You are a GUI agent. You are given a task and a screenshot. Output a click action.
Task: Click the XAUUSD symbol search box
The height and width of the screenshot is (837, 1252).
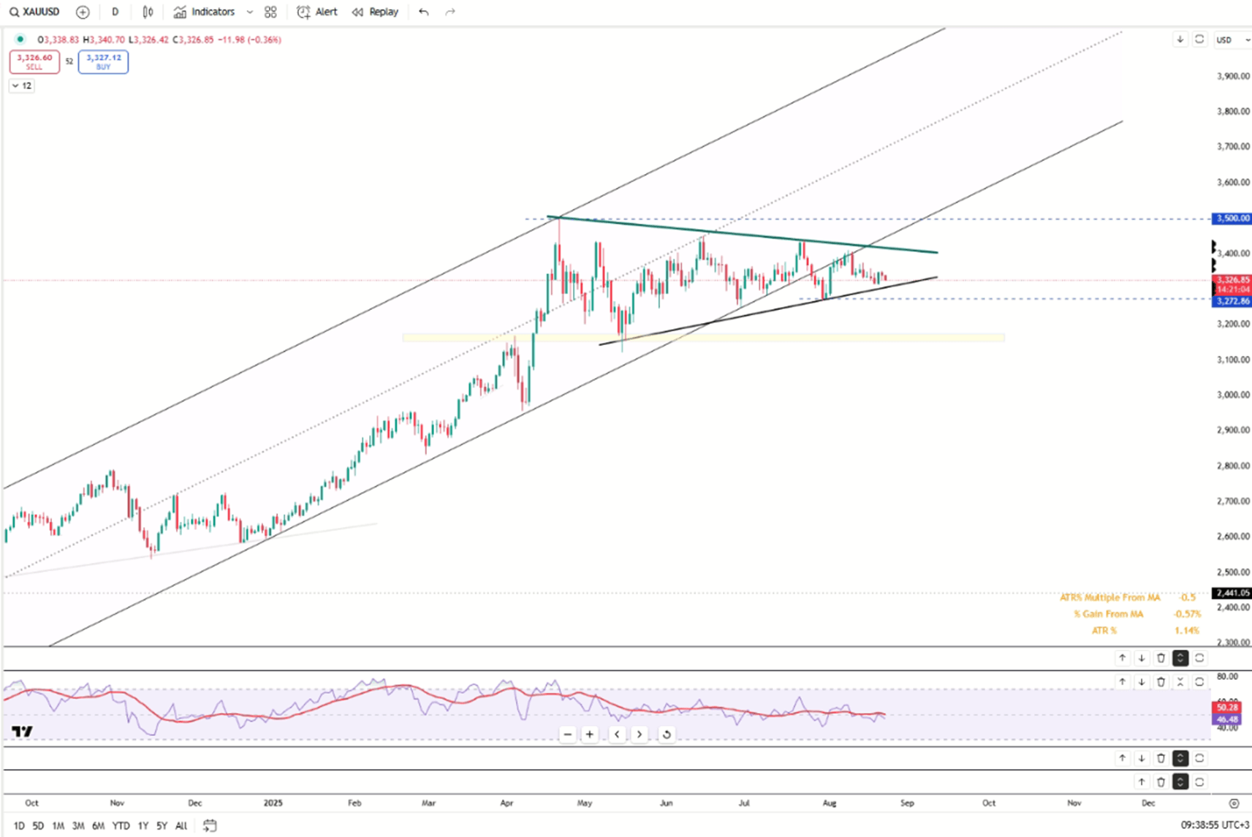(34, 12)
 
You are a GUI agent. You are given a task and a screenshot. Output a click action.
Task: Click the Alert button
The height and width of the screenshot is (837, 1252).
(317, 12)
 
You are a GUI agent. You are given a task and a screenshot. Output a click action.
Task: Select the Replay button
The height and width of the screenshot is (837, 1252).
(375, 12)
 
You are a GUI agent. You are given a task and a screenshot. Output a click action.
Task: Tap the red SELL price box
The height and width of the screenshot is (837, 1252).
(34, 61)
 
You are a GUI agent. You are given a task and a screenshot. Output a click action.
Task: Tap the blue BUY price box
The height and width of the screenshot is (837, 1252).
(103, 61)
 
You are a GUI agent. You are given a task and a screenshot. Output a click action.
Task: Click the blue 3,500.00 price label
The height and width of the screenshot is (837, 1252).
(1232, 219)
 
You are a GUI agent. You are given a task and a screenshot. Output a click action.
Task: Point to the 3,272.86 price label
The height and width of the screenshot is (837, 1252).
(1232, 301)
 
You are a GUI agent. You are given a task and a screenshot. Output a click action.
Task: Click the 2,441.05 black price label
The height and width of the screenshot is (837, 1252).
(1232, 593)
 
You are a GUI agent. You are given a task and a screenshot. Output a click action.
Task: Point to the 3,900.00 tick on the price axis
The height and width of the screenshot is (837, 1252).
(1232, 76)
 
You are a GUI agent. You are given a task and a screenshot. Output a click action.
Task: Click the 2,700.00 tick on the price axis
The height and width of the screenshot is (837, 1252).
(1232, 501)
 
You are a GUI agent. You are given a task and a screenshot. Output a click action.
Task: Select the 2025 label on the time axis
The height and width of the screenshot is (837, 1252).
(273, 803)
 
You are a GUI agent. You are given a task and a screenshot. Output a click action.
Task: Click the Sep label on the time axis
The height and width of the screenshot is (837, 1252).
(907, 803)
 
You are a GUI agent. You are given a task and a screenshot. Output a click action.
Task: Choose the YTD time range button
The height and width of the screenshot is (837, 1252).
(121, 826)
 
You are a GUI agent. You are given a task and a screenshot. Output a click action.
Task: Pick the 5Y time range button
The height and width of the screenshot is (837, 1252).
(162, 826)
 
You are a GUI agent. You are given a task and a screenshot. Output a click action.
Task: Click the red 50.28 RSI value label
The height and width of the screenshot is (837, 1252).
(1226, 707)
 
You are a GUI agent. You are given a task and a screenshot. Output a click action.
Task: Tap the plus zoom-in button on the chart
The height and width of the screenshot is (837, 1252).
(589, 734)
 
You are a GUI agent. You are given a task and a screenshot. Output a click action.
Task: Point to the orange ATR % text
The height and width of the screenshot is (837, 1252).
(1104, 630)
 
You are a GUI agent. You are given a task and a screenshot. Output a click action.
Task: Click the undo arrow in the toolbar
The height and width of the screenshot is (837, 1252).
(423, 12)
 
